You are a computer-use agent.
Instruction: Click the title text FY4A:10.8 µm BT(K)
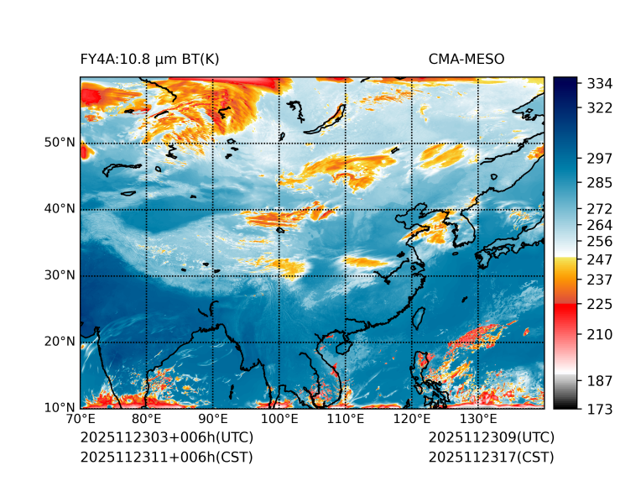[x=150, y=59]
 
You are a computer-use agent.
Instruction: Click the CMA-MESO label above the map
[x=466, y=59]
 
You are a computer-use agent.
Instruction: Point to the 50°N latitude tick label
[x=60, y=142]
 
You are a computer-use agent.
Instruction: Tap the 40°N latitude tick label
[x=60, y=208]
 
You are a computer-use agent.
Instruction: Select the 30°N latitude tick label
[x=60, y=274]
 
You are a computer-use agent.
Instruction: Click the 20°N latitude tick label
[x=60, y=341]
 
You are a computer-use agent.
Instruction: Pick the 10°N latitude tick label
[x=60, y=407]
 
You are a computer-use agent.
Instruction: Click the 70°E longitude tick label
[x=81, y=419]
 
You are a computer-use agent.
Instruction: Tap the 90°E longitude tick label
[x=213, y=419]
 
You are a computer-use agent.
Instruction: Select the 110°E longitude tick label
[x=346, y=419]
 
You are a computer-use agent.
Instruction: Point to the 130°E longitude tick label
[x=478, y=419]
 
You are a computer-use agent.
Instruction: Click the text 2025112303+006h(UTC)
[x=167, y=437]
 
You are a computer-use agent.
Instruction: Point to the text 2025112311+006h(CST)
[x=167, y=457]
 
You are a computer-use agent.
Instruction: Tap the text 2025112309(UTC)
[x=492, y=437]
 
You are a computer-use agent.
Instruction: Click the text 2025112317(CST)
[x=492, y=457]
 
